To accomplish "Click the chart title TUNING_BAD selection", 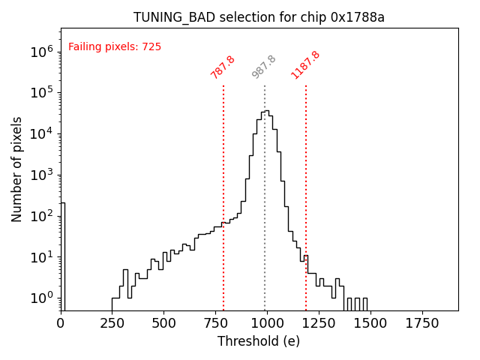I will pos(259,17).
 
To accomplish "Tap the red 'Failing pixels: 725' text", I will pos(115,46).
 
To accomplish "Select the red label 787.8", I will pos(223,67).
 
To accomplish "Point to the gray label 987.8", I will pos(264,67).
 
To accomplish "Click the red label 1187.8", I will pos(306,64).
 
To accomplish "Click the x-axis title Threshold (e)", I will pos(259,341).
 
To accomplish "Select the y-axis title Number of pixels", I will pos(17,169).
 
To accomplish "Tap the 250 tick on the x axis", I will pos(112,323).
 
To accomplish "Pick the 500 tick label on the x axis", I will pos(164,323).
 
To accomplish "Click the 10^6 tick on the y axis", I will pos(41,52).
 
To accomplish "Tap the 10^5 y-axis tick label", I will pos(41,93).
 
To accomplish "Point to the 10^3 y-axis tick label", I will pos(41,175).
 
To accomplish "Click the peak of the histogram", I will pos(266,112).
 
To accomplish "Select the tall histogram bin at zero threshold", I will pos(63,255).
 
